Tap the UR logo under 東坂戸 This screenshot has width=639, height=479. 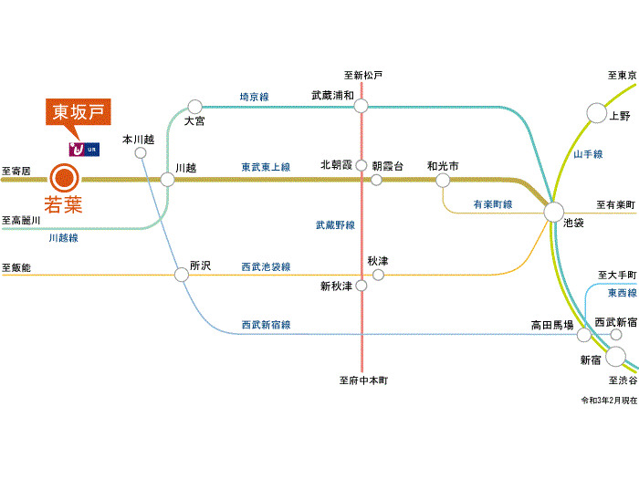click(80, 147)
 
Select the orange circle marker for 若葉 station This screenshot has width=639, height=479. click(64, 179)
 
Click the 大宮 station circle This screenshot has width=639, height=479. click(194, 107)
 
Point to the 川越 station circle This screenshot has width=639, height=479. click(167, 179)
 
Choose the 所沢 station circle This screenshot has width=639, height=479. click(182, 274)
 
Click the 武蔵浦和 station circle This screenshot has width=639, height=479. click(361, 107)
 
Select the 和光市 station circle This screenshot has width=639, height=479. click(443, 180)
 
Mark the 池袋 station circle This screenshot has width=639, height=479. click(553, 213)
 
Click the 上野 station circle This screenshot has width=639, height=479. click(596, 113)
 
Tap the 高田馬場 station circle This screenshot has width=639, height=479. click(584, 335)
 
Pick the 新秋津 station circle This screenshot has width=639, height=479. click(361, 286)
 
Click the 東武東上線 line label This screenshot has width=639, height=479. click(266, 168)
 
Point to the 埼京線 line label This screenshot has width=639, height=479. click(254, 96)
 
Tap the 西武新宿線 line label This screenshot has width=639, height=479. click(266, 325)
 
